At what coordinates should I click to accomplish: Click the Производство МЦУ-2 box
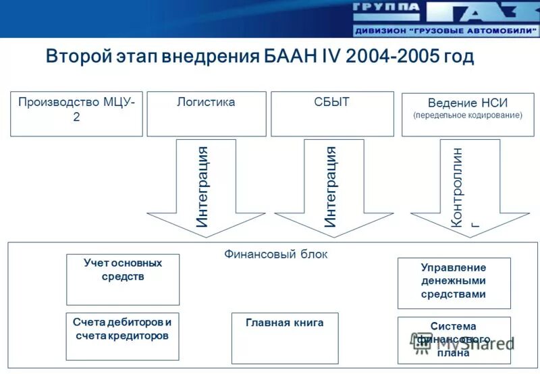[76, 113]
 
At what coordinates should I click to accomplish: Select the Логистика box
[206, 113]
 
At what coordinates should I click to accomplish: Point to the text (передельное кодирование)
[468, 115]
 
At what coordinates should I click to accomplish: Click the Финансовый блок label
[275, 255]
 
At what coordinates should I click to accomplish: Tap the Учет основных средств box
[123, 279]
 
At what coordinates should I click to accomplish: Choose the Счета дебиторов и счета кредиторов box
[123, 336]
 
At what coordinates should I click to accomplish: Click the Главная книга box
[285, 338]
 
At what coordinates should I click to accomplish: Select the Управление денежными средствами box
[454, 282]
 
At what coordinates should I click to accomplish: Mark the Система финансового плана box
[454, 340]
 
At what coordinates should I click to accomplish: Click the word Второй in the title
[72, 56]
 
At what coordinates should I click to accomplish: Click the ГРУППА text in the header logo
[385, 8]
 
